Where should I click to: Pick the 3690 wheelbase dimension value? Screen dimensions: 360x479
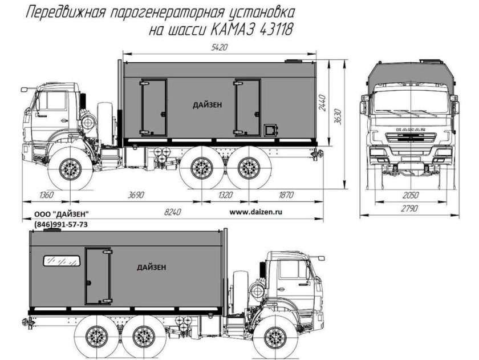click(x=136, y=195)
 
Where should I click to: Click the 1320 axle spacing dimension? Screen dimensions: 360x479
click(x=226, y=195)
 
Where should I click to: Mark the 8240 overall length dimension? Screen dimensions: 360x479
click(x=171, y=212)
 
